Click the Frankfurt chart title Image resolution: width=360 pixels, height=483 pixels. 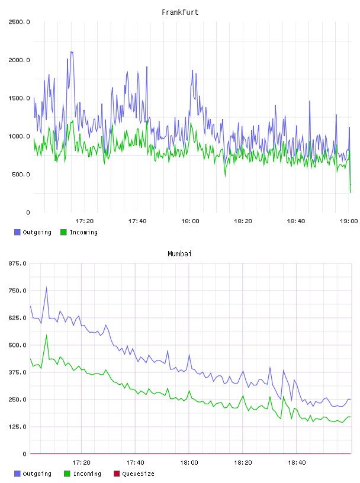point(180,12)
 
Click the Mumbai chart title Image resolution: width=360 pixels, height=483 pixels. point(179,253)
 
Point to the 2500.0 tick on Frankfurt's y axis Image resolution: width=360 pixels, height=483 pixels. point(19,22)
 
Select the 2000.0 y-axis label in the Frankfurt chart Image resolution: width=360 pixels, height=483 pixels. point(19,60)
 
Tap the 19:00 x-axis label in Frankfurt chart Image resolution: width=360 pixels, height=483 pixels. point(349,221)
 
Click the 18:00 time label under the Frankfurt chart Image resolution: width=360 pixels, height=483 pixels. point(190,221)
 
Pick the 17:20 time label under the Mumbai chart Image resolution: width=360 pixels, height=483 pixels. point(81,462)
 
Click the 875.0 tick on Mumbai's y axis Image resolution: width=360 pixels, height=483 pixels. point(17,263)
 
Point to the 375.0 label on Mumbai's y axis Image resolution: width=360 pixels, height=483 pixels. point(17,372)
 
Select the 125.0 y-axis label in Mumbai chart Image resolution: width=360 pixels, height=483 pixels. point(17,427)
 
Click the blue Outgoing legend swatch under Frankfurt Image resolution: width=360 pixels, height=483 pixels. point(17,232)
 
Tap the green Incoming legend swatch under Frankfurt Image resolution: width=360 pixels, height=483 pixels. point(63,232)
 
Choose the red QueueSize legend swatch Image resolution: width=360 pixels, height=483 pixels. point(117,474)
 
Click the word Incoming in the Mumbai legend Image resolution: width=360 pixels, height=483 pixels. point(87,474)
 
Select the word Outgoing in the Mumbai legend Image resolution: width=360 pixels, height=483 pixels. point(37,474)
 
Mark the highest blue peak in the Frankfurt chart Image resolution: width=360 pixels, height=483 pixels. point(71,51)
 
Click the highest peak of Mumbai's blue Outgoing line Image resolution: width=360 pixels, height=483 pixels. point(47,288)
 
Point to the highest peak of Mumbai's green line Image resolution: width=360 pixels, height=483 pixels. point(47,335)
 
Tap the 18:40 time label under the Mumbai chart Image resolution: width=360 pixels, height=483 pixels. point(297,462)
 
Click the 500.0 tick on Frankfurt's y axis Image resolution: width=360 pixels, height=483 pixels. point(21,175)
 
